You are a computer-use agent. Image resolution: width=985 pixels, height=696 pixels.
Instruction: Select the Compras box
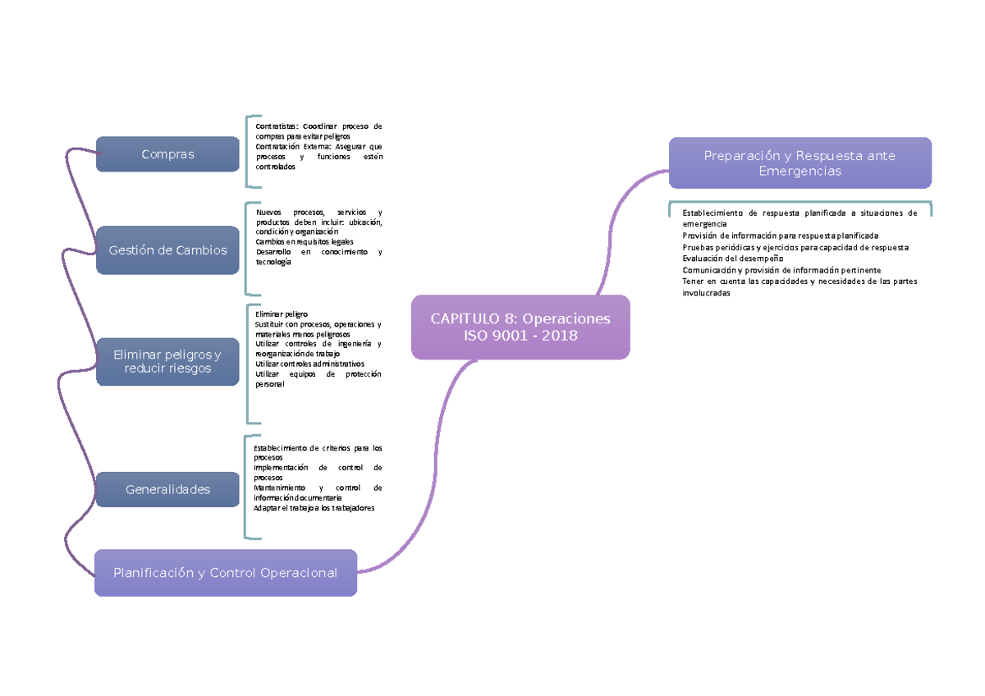[167, 154]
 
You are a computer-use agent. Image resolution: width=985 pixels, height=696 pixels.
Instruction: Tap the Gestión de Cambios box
[167, 250]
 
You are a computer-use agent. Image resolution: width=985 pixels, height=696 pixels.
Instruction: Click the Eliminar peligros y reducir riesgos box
[167, 362]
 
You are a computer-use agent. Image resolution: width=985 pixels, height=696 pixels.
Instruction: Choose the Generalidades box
[167, 489]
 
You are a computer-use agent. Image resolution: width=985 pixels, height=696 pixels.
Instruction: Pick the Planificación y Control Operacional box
[225, 573]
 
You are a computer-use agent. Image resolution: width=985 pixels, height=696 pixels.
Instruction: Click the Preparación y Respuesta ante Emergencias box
[799, 163]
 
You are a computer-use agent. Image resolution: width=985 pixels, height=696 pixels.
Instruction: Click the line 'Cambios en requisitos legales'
[305, 242]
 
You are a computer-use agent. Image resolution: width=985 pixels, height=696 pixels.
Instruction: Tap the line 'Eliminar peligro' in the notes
[282, 314]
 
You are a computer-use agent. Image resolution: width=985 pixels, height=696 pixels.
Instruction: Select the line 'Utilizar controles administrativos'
[309, 364]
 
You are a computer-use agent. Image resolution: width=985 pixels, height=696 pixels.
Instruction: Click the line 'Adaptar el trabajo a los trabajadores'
[314, 508]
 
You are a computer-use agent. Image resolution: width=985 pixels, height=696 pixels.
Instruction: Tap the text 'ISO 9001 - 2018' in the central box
[520, 336]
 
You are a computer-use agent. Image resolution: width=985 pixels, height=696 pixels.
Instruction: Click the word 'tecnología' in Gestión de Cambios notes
[273, 262]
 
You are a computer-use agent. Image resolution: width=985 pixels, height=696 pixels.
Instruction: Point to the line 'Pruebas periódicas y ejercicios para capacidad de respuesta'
[795, 247]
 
